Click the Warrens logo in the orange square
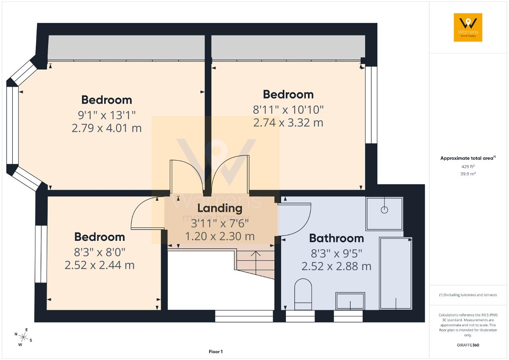coord(468,27)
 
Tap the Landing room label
coord(220,208)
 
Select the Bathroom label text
coord(336,238)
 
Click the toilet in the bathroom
coord(303,294)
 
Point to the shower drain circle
coord(384,210)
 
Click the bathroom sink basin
coord(350,301)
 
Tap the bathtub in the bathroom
coord(396,273)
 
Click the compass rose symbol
coord(23,337)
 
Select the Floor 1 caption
coord(216,352)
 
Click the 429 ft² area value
coord(468,166)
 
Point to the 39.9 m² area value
coord(468,174)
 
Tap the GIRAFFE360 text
coord(468,345)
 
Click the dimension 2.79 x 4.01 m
coord(107,128)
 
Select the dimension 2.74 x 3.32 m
coord(288,123)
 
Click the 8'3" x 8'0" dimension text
coord(99,252)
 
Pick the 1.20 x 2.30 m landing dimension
coord(220,236)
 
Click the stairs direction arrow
coord(256,263)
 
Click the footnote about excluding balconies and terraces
coord(468,295)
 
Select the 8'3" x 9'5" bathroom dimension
coord(336,254)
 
